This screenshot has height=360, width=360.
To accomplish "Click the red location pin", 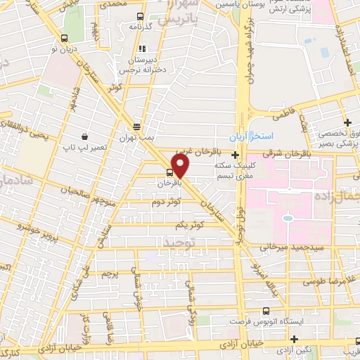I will (x=181, y=165).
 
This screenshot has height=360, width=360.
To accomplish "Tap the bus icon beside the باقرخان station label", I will (x=169, y=172).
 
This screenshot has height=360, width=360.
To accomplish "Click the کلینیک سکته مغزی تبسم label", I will (x=236, y=168).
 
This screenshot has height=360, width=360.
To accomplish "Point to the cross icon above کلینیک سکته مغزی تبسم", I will (x=235, y=153).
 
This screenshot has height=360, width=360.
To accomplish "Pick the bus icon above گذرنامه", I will (x=140, y=16).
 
